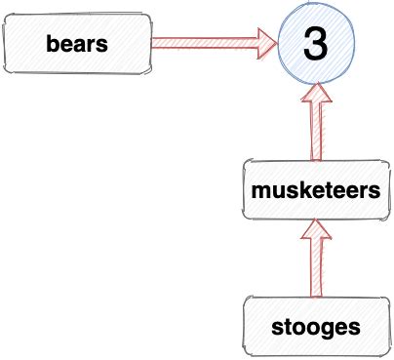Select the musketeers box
(x=314, y=190)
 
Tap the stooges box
(x=314, y=324)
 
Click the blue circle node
(x=314, y=45)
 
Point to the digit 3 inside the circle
(x=314, y=45)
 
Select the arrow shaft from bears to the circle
(x=205, y=43)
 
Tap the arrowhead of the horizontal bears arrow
(x=266, y=43)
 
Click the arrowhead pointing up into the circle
(x=314, y=94)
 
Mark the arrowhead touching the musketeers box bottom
(x=314, y=230)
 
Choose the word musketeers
(x=314, y=191)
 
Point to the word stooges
(x=314, y=325)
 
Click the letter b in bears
(x=53, y=44)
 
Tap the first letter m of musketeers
(x=260, y=192)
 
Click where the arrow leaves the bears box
(x=153, y=43)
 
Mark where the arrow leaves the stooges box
(x=314, y=297)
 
